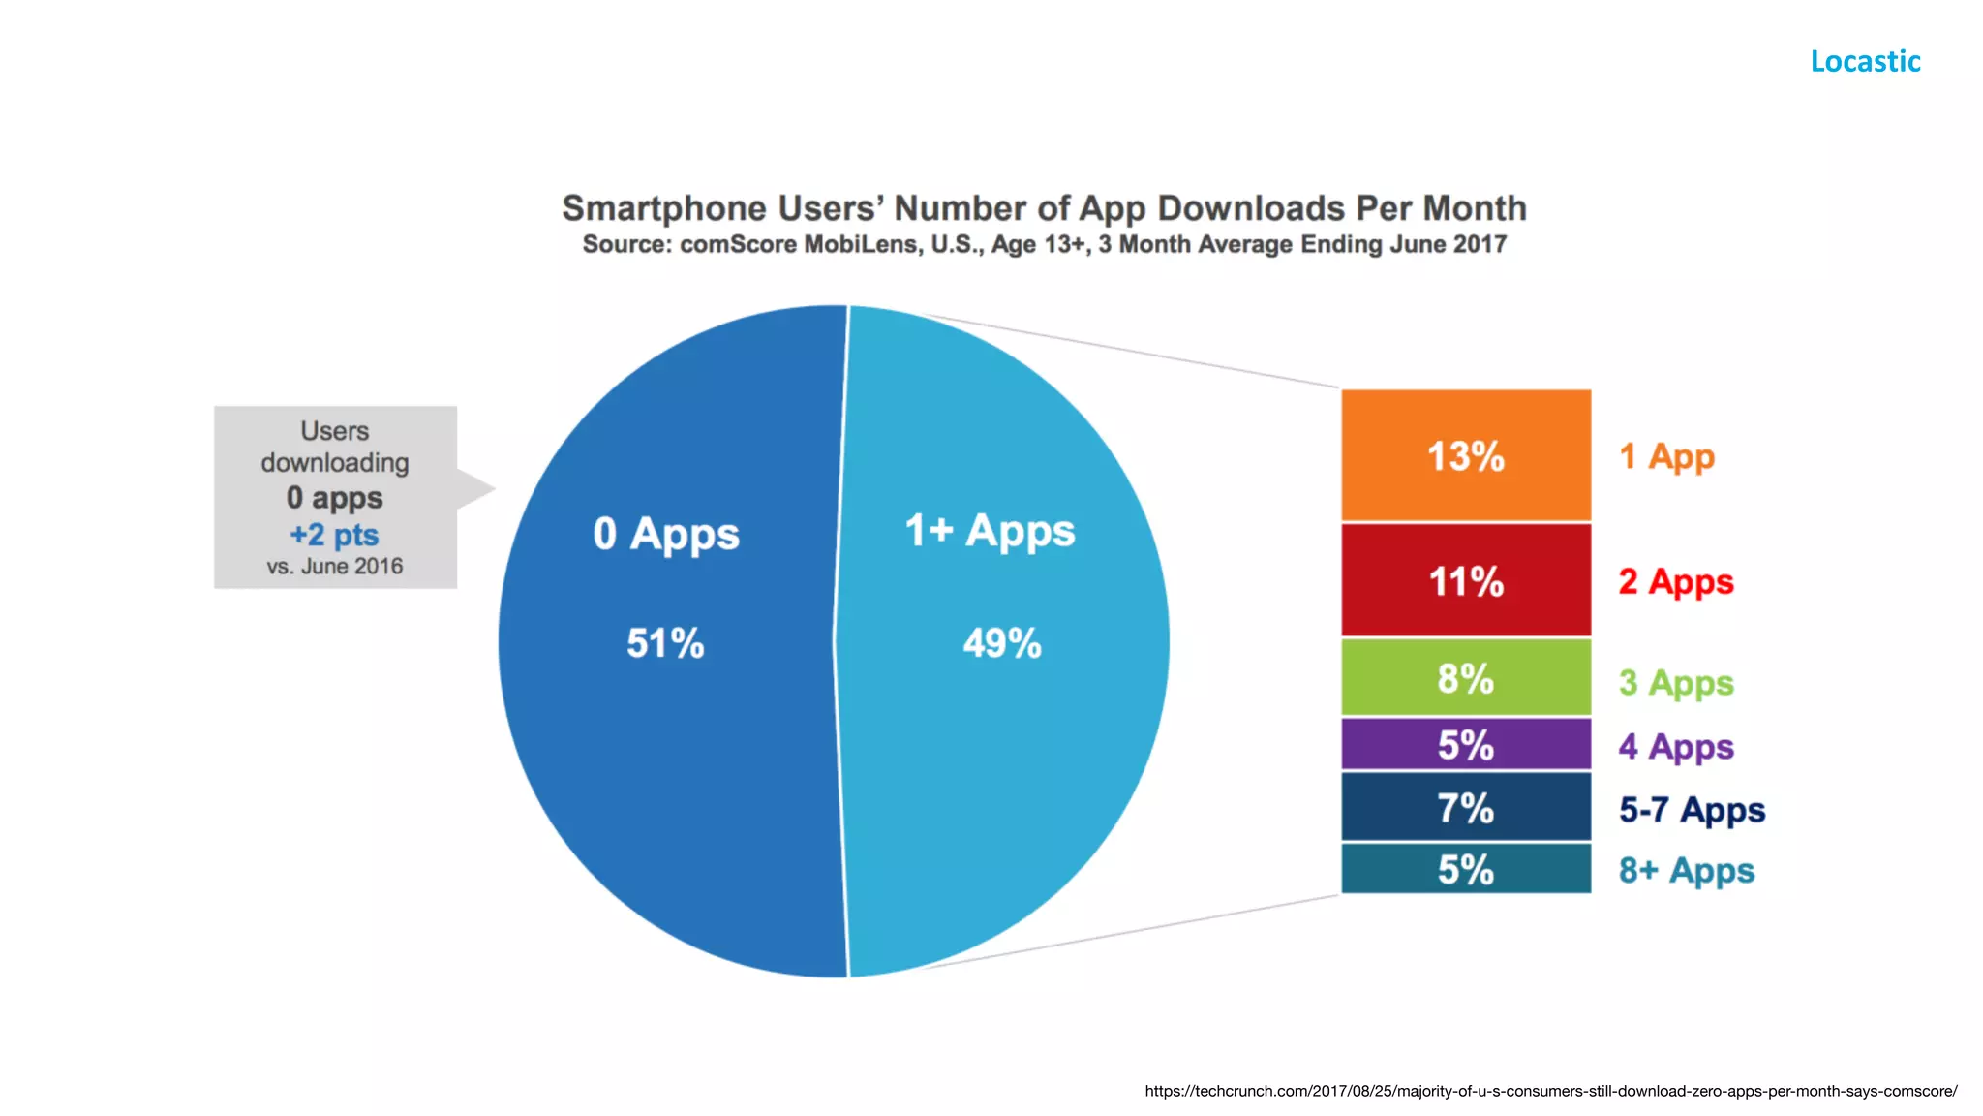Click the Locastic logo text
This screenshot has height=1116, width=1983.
[1865, 61]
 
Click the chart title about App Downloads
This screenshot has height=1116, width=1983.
[1044, 208]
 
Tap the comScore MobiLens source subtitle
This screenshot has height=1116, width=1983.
[1044, 244]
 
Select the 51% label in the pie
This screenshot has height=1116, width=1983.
[665, 643]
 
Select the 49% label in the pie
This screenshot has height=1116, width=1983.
[1002, 643]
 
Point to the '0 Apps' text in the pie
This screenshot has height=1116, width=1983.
[666, 534]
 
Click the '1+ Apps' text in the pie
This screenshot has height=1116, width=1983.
[990, 531]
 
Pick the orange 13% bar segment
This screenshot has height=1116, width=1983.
[1465, 455]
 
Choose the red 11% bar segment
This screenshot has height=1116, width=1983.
[1465, 581]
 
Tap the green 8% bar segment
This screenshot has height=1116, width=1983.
[1465, 678]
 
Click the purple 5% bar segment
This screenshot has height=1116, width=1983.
[1465, 745]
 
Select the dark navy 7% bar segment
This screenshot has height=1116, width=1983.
[1465, 807]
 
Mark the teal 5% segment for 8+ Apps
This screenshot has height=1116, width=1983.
[1465, 869]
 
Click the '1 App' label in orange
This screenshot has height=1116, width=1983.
[1666, 456]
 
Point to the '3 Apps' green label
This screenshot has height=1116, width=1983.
[1676, 683]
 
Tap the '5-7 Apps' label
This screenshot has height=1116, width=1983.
[1692, 810]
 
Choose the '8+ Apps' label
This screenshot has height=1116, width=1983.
[1686, 871]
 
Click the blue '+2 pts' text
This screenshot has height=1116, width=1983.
[334, 535]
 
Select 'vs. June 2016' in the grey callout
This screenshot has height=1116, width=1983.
[335, 567]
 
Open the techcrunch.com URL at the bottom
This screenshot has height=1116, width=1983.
[1550, 1091]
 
